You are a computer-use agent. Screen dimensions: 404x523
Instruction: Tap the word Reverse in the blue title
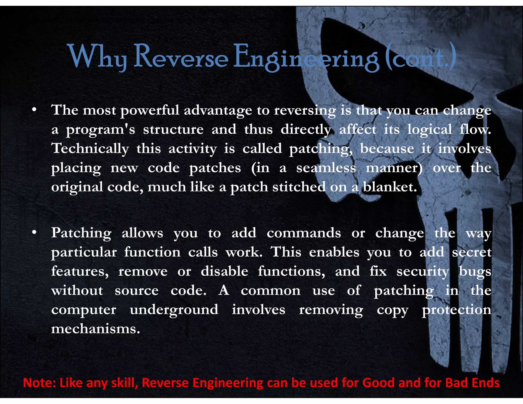tap(181, 57)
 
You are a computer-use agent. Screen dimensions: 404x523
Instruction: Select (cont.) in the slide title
tap(420, 57)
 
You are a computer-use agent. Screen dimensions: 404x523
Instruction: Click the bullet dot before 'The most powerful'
tap(34, 110)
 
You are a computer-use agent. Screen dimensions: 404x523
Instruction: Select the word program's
tap(100, 130)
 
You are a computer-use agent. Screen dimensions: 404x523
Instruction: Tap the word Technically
tap(90, 149)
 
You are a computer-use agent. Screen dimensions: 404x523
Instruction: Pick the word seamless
tap(326, 168)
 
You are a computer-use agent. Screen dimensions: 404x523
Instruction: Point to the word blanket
tap(390, 187)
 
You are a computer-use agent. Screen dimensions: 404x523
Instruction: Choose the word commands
tap(304, 233)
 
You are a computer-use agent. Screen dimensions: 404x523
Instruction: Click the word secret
tap(472, 252)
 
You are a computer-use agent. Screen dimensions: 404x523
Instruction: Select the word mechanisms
tap(96, 329)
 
